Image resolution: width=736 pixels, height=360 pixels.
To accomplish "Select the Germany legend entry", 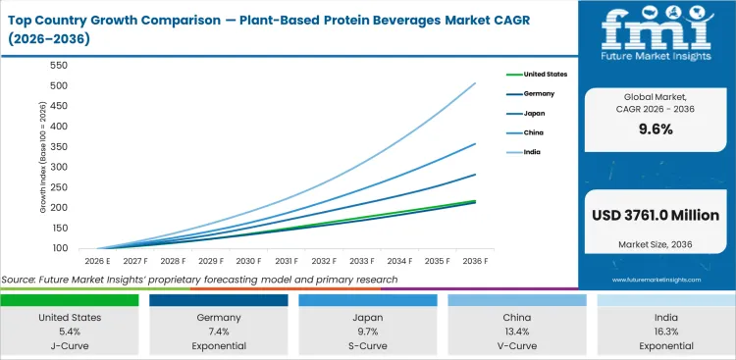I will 540,93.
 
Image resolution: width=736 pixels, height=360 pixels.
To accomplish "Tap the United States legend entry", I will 546,74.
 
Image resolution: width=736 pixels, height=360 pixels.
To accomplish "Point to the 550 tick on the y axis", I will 58,65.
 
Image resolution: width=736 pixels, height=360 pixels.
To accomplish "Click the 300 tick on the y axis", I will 58,167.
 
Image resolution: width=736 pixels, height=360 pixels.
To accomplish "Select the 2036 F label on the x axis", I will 474,262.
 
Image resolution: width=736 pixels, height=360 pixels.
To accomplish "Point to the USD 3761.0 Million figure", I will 656,215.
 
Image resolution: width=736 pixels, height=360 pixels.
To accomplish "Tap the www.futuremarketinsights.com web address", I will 656,280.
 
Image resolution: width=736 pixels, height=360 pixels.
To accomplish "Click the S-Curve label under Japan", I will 367,346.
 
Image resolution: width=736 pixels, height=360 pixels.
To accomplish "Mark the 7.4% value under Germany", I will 219,333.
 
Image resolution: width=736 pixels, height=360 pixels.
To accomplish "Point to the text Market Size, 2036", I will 656,243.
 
